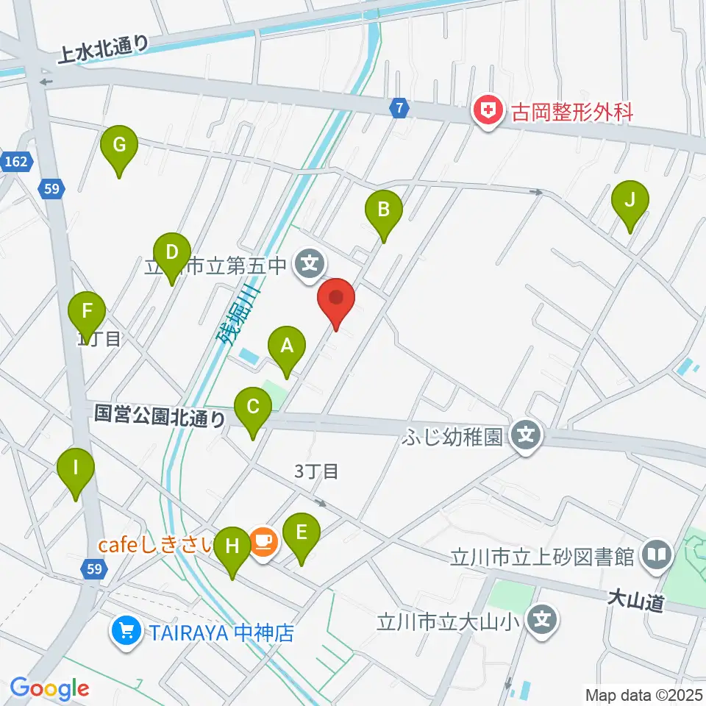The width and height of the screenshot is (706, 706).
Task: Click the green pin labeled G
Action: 118,147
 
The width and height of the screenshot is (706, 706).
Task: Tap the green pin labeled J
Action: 630,201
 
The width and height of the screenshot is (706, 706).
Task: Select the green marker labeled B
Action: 383,210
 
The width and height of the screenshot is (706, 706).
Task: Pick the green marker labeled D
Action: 171,254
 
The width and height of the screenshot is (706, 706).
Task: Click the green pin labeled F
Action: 87,313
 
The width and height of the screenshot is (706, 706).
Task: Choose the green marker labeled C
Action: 252,407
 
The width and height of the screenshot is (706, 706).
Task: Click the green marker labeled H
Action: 232,548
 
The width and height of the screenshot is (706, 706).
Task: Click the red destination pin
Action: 336,301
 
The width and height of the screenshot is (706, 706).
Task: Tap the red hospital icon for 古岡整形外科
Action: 486,113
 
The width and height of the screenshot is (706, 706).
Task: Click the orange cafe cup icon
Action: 263,543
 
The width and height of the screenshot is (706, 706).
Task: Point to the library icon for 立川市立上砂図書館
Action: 655,555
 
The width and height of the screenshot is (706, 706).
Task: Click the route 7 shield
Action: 399,108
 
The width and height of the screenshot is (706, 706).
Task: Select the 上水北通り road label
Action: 105,49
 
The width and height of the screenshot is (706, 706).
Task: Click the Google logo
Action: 49,688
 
